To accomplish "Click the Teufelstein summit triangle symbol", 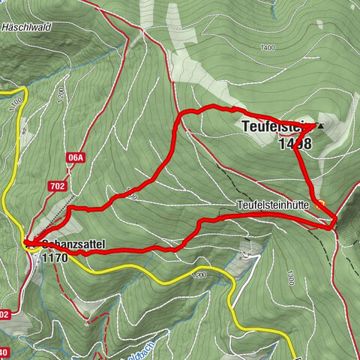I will (322, 125).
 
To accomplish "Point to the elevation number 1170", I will (55, 257).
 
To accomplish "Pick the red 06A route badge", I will (75, 157).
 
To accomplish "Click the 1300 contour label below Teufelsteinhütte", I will (289, 278).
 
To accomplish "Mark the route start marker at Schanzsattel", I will (28, 243).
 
